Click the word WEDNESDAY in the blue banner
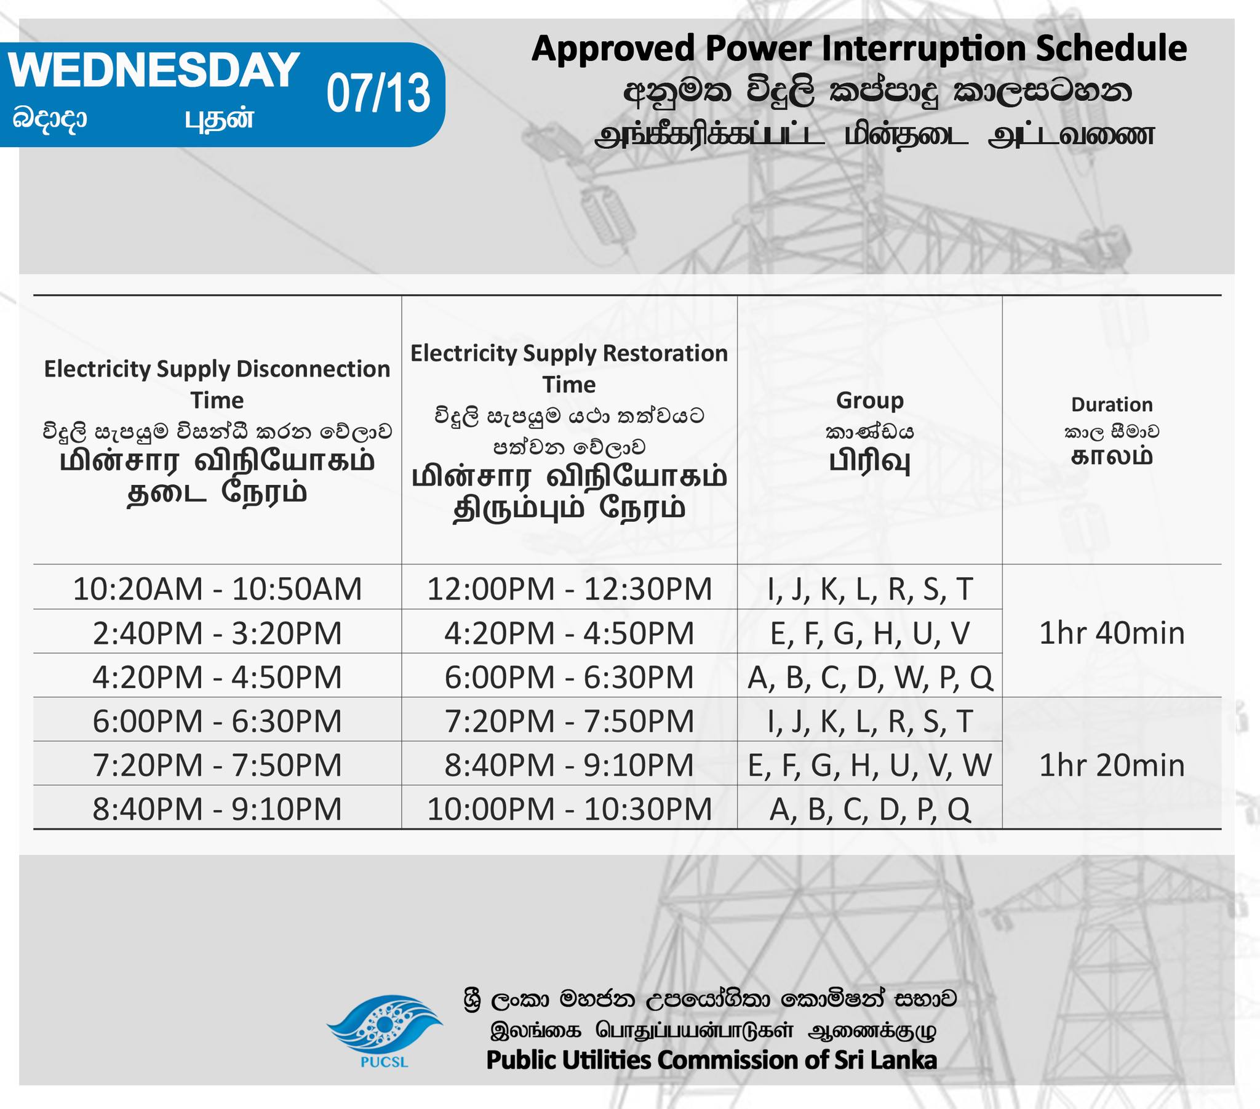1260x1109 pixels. click(x=153, y=70)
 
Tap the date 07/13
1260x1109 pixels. click(x=378, y=94)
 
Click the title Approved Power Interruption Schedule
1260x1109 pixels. click(x=859, y=49)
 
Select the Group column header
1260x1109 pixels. click(x=870, y=400)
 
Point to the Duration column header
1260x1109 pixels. click(x=1112, y=404)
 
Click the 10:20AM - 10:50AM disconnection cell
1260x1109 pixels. click(x=217, y=588)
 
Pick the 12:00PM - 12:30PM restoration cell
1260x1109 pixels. click(x=569, y=588)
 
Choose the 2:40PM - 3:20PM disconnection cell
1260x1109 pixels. click(x=217, y=633)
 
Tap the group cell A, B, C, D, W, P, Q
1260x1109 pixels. click(x=870, y=677)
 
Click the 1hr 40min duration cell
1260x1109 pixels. click(x=1112, y=633)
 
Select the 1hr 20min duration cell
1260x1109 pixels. click(x=1112, y=765)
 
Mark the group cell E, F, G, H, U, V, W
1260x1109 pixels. click(x=870, y=765)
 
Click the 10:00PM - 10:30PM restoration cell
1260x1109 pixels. click(x=569, y=809)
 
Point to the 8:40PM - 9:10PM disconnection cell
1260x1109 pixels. click(x=217, y=809)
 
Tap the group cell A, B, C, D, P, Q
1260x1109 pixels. click(x=870, y=809)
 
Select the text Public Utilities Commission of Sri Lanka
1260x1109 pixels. click(x=711, y=1060)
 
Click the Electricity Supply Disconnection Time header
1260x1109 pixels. click(x=217, y=384)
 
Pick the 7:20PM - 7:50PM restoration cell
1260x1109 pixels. click(x=569, y=721)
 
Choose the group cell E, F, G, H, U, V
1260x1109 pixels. click(x=870, y=633)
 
